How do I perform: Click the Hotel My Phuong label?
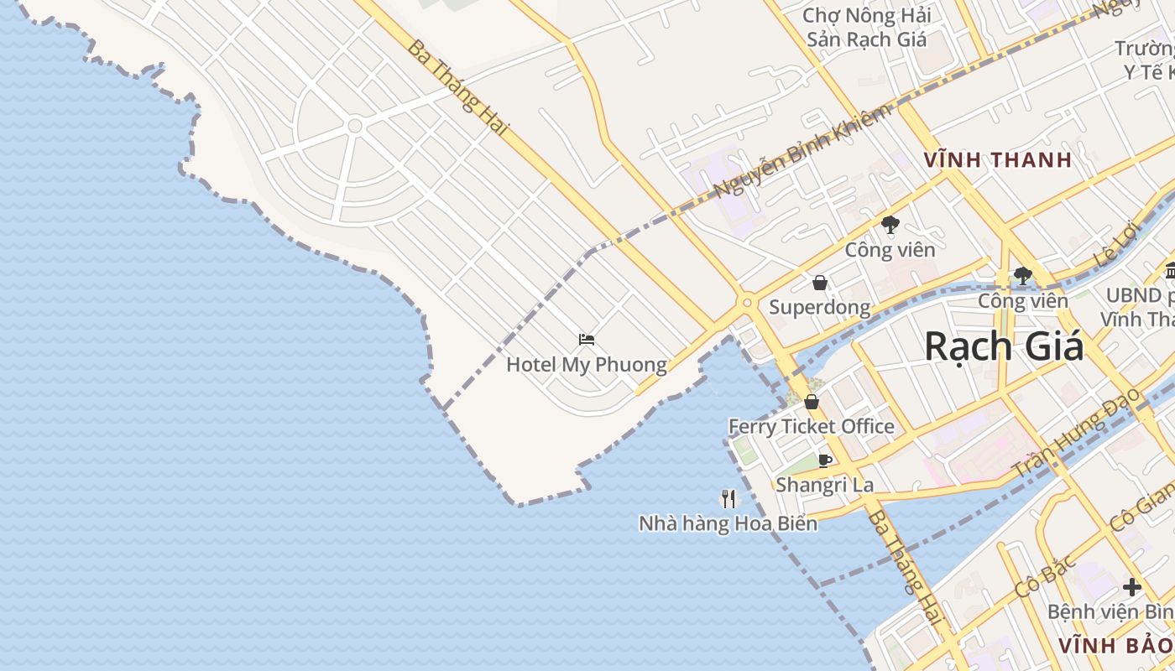(586, 365)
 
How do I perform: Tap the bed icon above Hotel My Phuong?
(587, 340)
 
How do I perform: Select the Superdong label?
(819, 307)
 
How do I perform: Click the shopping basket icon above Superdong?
(820, 283)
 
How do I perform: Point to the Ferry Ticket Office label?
(811, 426)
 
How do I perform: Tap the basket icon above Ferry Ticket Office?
(811, 402)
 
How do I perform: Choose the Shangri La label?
(824, 485)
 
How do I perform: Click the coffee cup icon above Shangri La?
(825, 460)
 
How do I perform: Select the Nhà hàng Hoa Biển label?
(728, 523)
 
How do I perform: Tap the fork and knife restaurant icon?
(728, 499)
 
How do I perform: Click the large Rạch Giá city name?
(1004, 346)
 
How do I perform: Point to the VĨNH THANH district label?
(997, 159)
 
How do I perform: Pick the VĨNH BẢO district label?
(1115, 645)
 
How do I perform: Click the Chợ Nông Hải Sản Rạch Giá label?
(866, 27)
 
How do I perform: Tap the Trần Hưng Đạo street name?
(1077, 433)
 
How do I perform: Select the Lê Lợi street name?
(1115, 244)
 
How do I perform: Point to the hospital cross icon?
(1132, 587)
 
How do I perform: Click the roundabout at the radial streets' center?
(354, 126)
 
